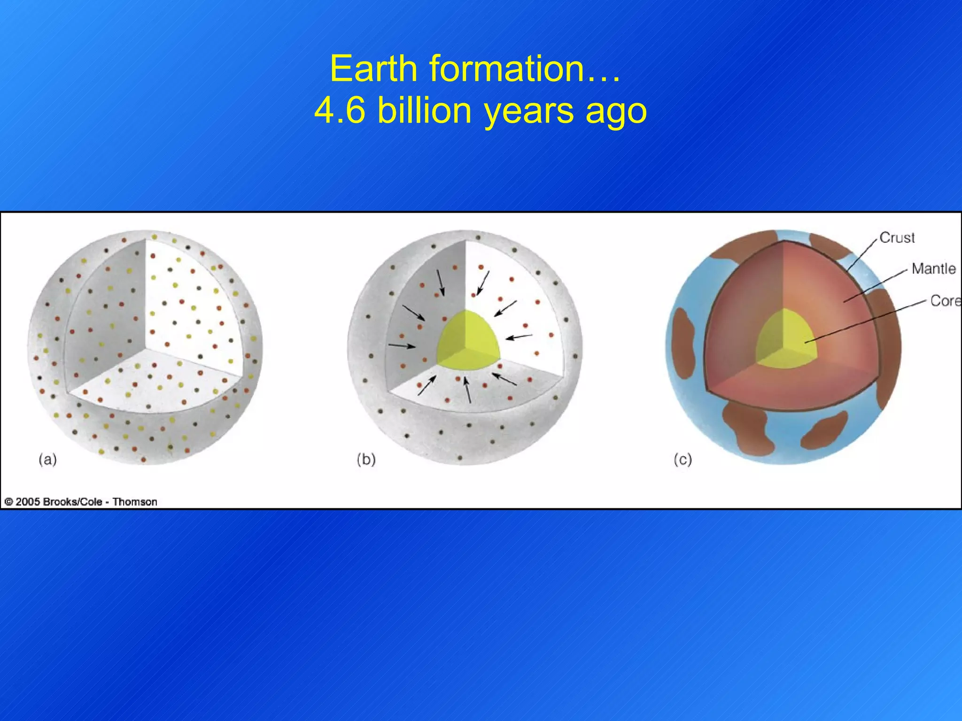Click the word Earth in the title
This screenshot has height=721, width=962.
coord(373,69)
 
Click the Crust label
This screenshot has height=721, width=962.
coord(897,238)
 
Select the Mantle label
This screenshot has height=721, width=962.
coord(933,268)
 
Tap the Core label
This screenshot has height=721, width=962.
coord(945,300)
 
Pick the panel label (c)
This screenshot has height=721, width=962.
coord(683,459)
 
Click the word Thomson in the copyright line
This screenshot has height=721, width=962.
coord(135,502)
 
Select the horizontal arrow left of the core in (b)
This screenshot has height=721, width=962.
coord(402,346)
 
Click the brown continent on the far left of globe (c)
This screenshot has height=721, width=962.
coord(683,343)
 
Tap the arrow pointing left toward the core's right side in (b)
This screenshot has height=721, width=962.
coord(519,337)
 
